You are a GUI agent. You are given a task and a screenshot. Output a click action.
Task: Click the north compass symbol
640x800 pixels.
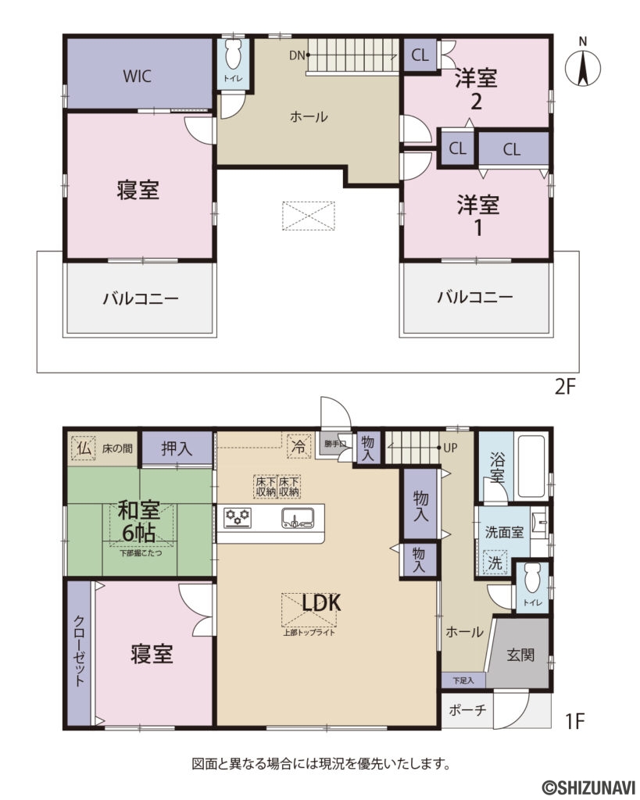(x=581, y=66)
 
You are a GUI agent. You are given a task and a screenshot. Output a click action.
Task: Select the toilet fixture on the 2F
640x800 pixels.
(x=232, y=56)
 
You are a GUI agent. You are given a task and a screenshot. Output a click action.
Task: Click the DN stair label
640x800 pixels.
(x=296, y=55)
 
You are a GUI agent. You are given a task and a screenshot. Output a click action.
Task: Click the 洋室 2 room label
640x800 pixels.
(x=477, y=89)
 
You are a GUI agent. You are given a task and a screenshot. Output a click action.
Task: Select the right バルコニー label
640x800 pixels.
(x=474, y=298)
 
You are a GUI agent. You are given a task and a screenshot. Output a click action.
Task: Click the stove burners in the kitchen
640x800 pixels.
(x=237, y=516)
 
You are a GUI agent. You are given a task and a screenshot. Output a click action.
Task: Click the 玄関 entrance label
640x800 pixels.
(x=520, y=655)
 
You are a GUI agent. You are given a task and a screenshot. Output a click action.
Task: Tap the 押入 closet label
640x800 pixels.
(x=177, y=448)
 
